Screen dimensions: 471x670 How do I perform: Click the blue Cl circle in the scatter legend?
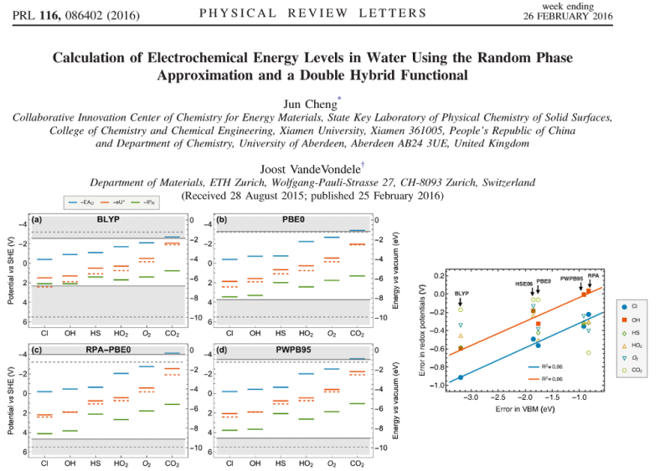(625, 307)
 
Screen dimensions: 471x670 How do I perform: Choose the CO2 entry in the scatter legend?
(625, 369)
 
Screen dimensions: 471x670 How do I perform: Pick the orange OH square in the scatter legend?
(625, 320)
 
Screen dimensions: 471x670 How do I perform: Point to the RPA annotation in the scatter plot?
(593, 276)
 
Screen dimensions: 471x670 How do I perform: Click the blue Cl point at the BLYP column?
(461, 377)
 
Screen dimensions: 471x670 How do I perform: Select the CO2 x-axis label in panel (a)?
(171, 333)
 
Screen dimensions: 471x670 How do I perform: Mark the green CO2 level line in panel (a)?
(171, 270)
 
